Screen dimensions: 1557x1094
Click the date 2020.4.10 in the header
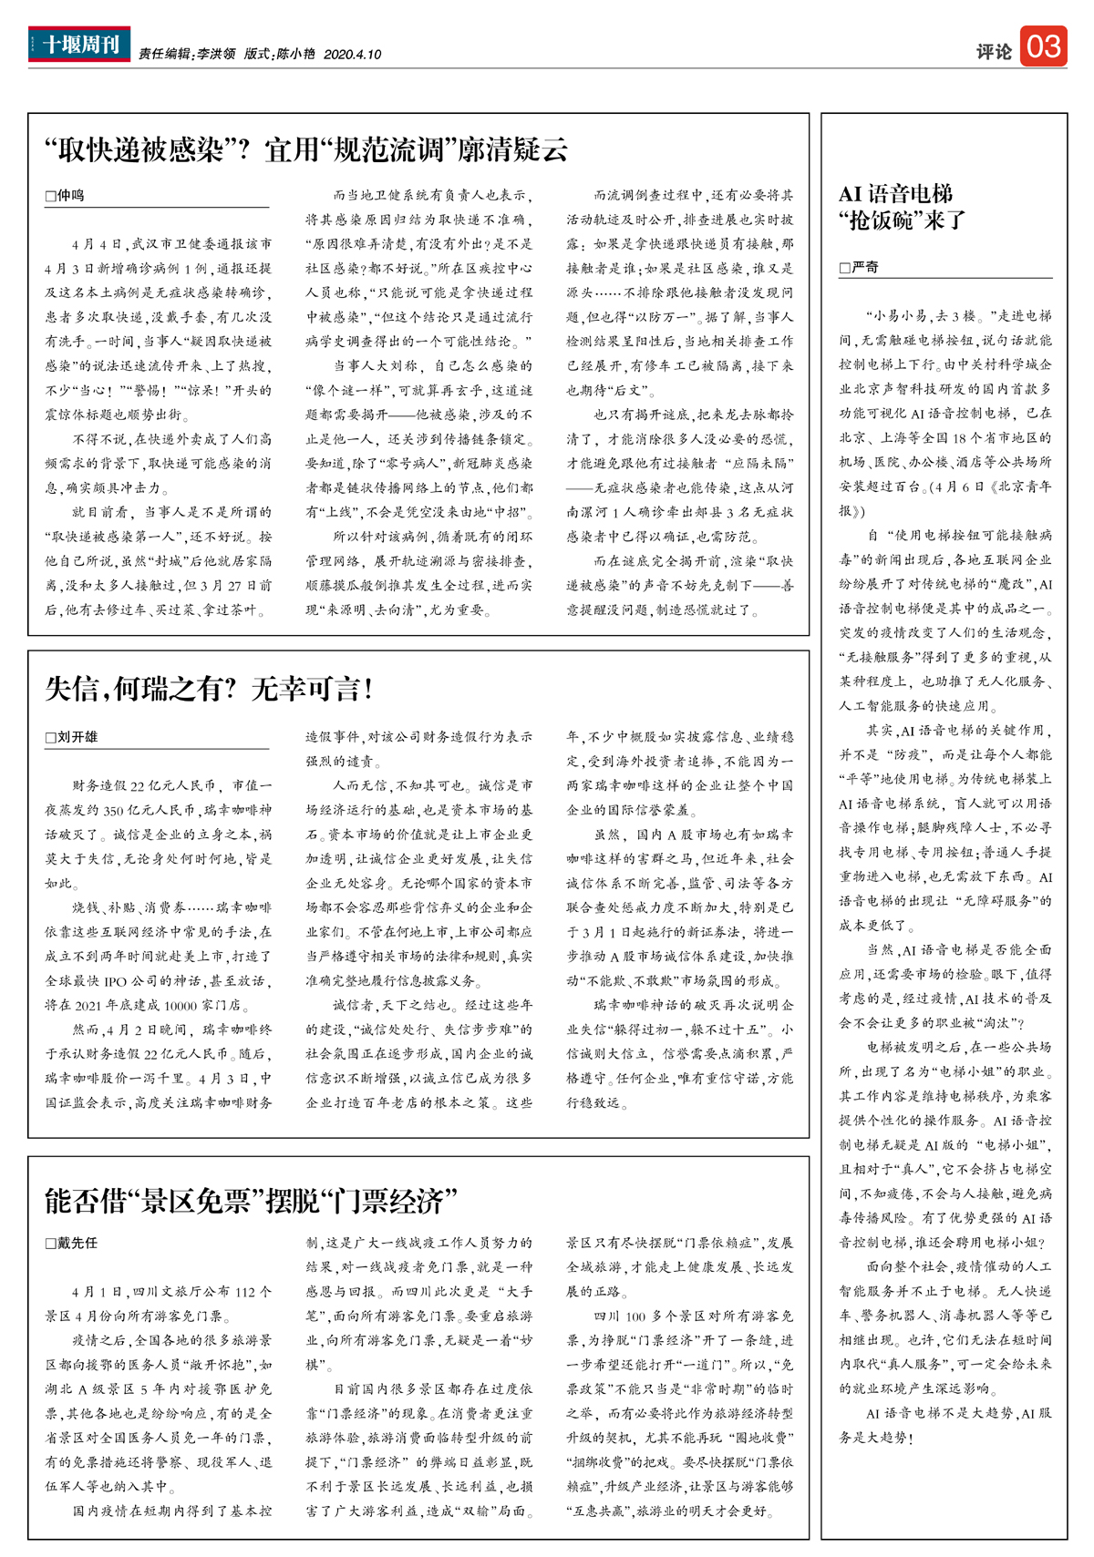click(352, 55)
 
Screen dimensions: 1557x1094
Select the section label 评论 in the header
click(994, 52)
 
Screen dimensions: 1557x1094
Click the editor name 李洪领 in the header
click(216, 55)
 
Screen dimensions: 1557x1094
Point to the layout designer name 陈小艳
click(295, 55)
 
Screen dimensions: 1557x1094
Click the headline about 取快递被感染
click(306, 149)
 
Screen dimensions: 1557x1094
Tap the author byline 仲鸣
click(70, 196)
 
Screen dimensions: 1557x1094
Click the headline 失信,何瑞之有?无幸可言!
click(210, 689)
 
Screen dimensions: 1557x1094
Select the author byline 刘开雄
click(77, 736)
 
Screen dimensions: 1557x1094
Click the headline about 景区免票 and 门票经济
click(251, 1201)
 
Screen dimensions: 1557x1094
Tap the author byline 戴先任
click(77, 1243)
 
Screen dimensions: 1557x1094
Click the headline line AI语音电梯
click(895, 194)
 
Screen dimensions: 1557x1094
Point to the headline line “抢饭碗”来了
click(902, 220)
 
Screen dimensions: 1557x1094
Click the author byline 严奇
click(864, 268)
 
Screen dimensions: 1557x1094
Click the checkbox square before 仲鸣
click(51, 197)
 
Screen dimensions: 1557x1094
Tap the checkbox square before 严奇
click(845, 269)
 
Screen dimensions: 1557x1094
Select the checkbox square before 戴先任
click(51, 1244)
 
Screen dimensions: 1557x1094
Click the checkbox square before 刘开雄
click(51, 737)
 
